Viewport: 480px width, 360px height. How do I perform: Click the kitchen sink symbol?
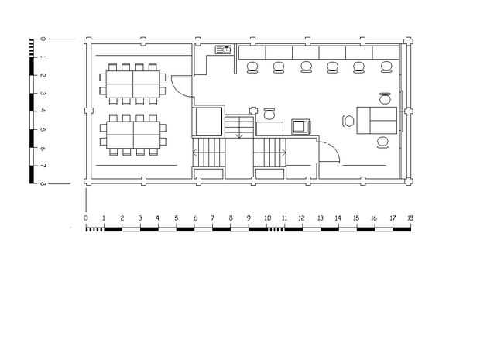point(223,50)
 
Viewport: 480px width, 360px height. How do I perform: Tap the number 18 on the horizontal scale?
point(410,218)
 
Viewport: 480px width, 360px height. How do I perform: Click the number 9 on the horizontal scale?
point(249,218)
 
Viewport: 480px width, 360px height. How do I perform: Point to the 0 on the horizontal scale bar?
point(86,218)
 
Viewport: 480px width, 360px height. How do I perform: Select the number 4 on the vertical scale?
point(43,110)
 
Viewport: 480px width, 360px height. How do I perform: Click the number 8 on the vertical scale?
point(43,183)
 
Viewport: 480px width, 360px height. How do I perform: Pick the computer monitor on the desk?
point(301,126)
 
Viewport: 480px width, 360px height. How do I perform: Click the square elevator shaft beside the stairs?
point(209,122)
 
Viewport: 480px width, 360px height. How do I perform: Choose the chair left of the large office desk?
point(348,121)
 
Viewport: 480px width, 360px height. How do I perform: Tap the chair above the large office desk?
point(385,98)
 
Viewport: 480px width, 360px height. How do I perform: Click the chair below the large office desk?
point(382,142)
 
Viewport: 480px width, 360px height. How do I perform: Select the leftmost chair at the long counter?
point(252,67)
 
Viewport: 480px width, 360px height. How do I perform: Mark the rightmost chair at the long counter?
point(386,67)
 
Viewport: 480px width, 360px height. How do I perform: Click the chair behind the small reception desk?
point(269,114)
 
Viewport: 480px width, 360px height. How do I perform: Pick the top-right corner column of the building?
point(408,41)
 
